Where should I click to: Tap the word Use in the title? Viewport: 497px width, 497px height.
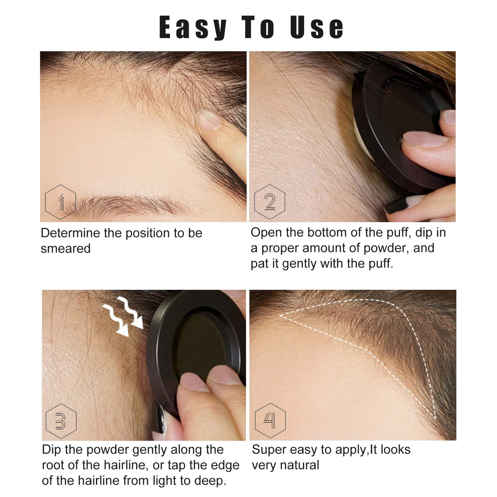(x=317, y=27)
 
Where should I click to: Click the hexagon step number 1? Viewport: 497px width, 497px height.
(x=60, y=202)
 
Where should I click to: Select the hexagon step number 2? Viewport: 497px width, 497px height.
(x=270, y=202)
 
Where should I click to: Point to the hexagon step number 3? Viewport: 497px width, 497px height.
(x=61, y=421)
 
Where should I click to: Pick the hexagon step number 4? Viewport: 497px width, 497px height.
(x=270, y=420)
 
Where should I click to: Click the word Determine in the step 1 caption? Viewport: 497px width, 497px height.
(x=70, y=233)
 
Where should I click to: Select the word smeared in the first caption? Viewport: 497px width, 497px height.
(x=65, y=248)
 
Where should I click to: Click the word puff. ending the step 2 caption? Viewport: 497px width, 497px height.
(x=380, y=264)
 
